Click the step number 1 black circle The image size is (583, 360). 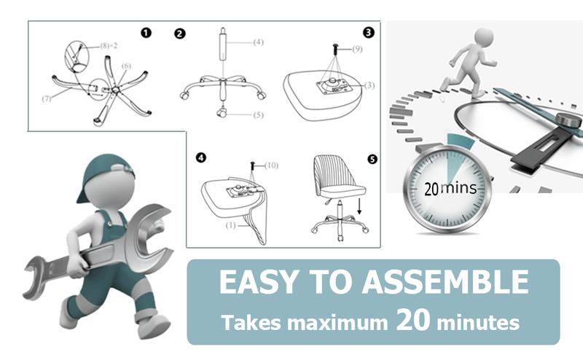[x=146, y=34]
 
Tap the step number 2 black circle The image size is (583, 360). [x=180, y=34]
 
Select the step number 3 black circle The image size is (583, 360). [x=369, y=33]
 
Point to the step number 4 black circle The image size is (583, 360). [x=202, y=158]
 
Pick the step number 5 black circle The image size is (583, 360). [x=373, y=158]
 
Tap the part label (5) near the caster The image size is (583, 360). [x=258, y=114]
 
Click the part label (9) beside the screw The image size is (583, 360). [x=357, y=50]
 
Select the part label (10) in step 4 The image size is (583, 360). [x=271, y=165]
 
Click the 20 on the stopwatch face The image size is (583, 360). [x=431, y=189]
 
